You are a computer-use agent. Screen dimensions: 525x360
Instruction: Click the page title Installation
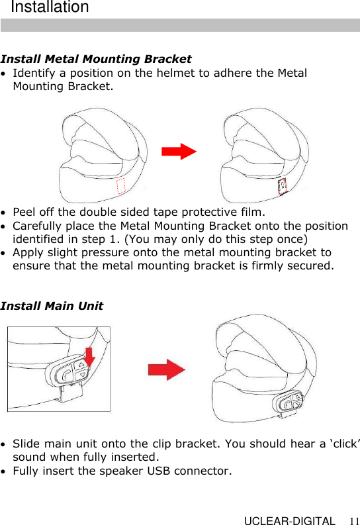50,8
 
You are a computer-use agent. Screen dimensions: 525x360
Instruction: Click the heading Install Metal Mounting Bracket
96,60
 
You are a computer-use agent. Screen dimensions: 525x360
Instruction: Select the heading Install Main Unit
52,306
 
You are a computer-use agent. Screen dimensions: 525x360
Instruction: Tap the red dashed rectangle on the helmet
120,187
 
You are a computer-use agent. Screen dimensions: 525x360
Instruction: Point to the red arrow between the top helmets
179,152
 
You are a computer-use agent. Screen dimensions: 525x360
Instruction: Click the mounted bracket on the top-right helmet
282,187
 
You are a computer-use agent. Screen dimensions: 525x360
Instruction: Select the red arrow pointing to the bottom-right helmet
166,369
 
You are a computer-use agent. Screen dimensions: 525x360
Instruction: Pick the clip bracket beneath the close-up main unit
69,396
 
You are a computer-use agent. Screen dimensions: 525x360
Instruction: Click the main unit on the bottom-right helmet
289,403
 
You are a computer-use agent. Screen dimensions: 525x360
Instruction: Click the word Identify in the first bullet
34,73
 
